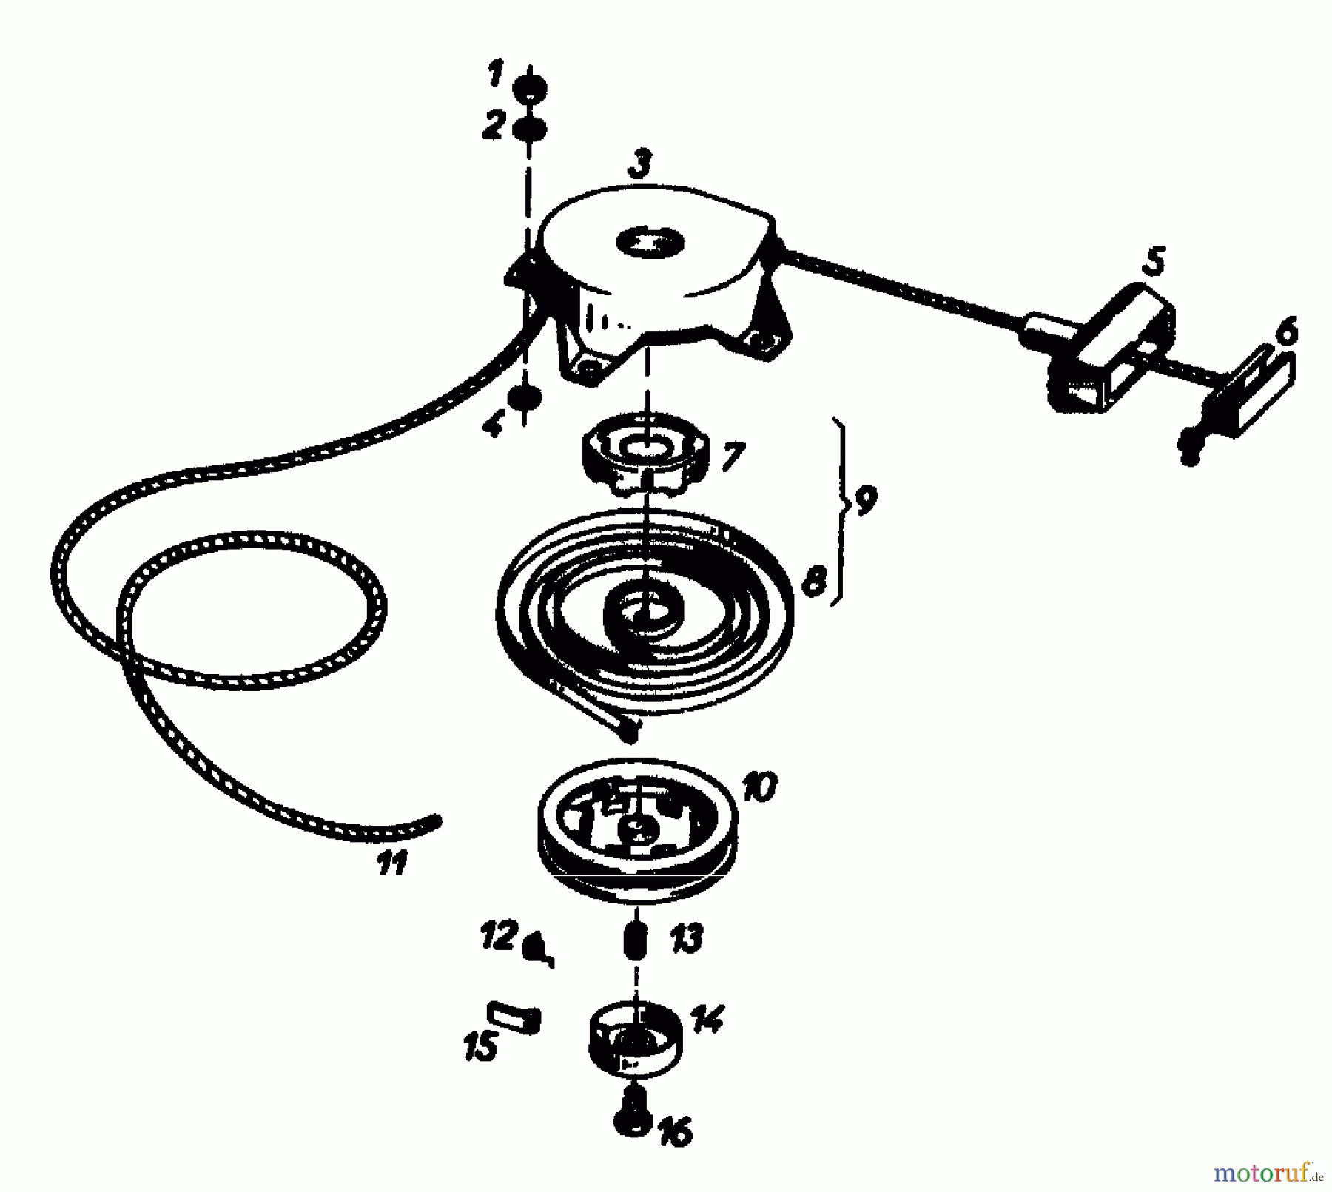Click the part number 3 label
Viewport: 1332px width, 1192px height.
tap(640, 164)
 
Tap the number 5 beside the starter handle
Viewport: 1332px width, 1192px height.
tap(1152, 262)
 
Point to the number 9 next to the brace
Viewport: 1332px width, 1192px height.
tap(864, 500)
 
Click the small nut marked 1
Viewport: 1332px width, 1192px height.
tap(531, 87)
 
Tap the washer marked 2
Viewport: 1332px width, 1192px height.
tap(530, 129)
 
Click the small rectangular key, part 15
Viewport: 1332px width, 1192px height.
tap(514, 1017)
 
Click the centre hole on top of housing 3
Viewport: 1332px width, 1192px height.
tap(650, 242)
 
